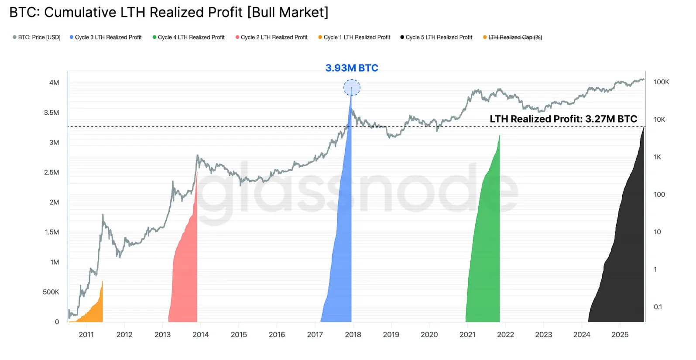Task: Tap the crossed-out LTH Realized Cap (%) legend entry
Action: pos(515,38)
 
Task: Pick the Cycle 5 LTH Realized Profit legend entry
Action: pos(439,38)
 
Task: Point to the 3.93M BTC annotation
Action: pos(352,68)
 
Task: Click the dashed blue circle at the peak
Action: pos(352,88)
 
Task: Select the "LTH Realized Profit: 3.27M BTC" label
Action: pos(563,119)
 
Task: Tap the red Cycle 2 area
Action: pos(185,271)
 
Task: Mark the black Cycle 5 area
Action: pos(624,253)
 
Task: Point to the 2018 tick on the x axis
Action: pos(353,335)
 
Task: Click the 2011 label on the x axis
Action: pos(86,335)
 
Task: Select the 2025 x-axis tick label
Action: pos(620,335)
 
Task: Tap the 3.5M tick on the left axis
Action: pos(51,113)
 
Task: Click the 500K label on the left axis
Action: pos(51,292)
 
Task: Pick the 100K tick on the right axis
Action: pos(661,82)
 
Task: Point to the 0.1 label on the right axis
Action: pos(658,307)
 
